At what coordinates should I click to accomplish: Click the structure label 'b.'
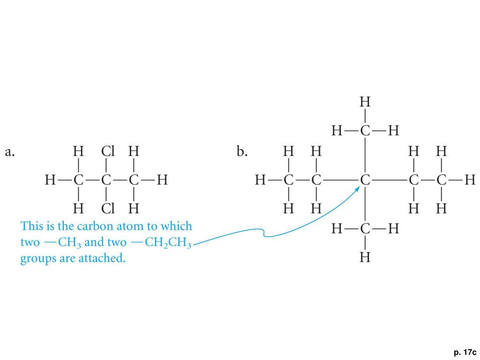242,152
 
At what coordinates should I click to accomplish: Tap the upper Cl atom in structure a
108,151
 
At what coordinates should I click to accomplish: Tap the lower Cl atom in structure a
108,207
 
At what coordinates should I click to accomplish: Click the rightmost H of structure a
162,180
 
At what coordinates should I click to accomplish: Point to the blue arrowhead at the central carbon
357,188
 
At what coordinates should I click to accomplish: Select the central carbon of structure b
365,180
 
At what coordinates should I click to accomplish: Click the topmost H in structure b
365,102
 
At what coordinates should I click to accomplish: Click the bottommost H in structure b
365,257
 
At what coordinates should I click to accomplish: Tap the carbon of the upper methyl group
365,131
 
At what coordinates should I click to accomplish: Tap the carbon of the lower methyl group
365,229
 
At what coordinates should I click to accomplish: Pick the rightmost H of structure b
470,180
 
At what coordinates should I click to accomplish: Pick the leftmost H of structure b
260,180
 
